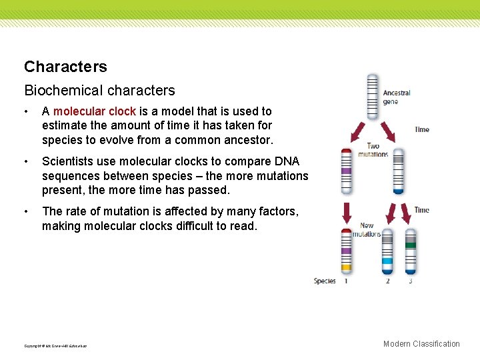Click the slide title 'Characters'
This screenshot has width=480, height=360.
[65, 67]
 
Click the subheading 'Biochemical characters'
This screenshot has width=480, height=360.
[99, 90]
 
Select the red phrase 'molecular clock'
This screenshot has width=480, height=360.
[95, 111]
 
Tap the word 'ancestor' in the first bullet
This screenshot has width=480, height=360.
[249, 141]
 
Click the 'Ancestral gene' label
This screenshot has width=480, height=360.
[397, 97]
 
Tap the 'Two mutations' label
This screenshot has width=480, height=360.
[373, 150]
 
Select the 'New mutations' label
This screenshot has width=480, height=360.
[367, 229]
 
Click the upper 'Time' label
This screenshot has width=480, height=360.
[422, 129]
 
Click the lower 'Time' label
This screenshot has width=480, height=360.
[422, 210]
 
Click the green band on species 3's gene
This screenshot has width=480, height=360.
[411, 245]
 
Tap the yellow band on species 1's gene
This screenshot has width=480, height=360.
[346, 267]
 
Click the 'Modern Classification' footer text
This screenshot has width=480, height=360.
[421, 344]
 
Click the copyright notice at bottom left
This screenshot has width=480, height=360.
[55, 346]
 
